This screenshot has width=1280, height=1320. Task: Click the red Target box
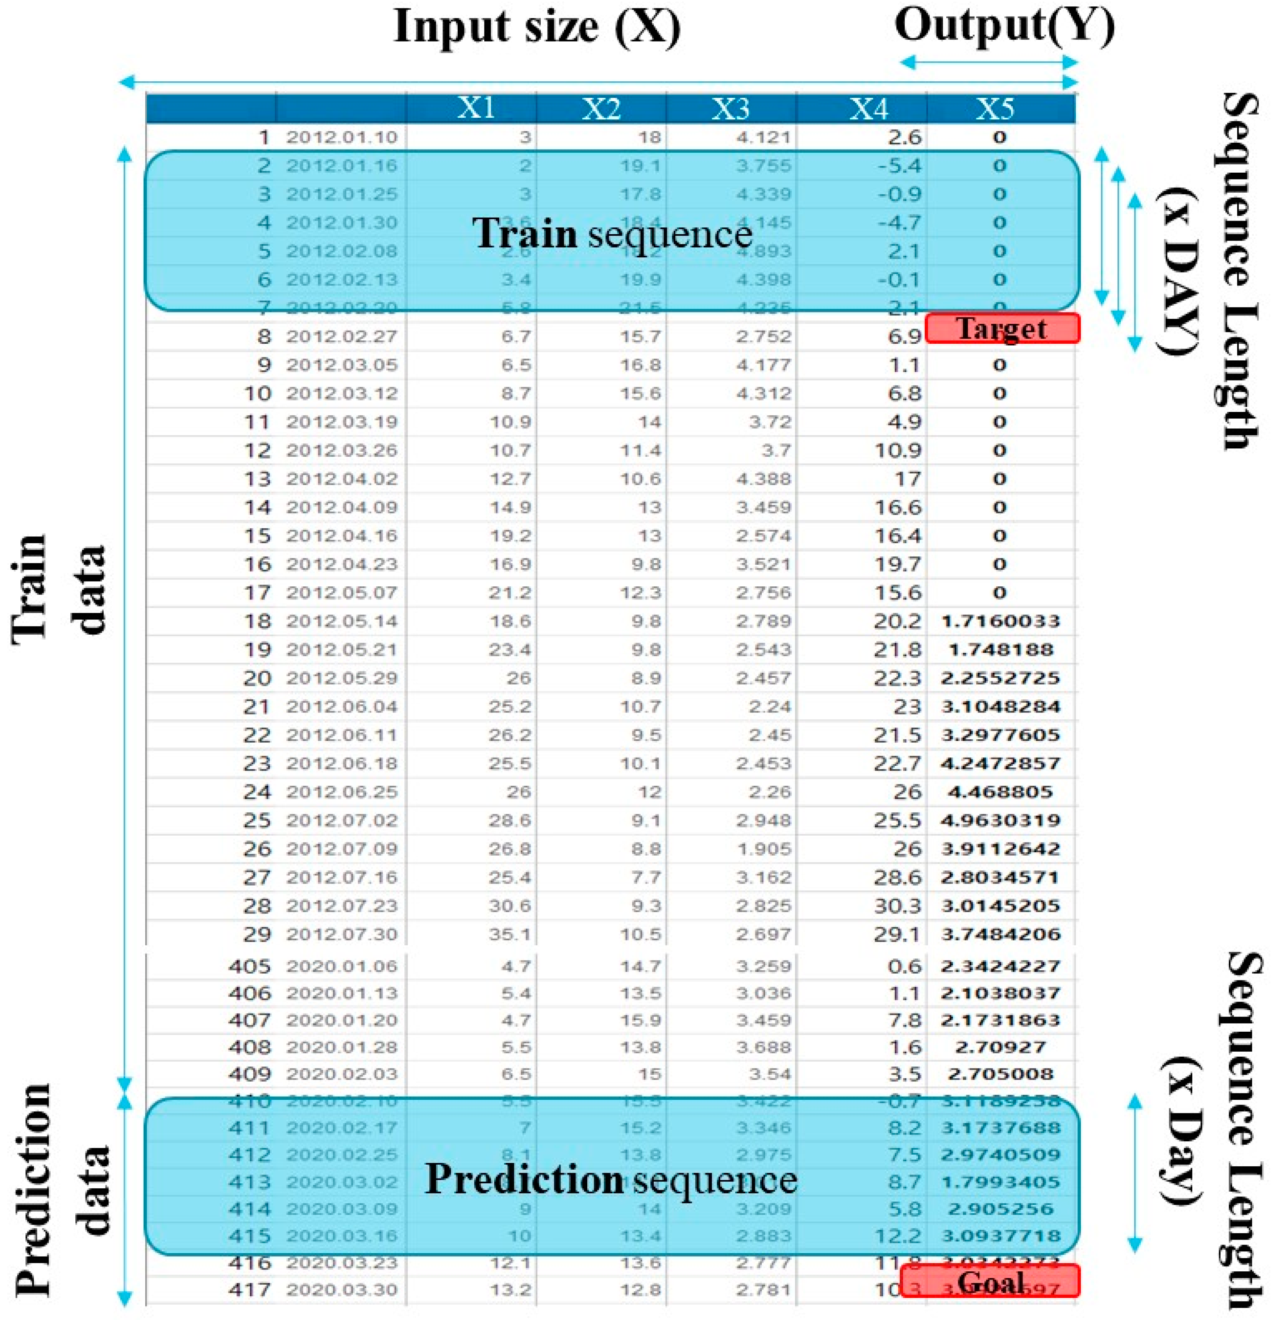coord(1002,329)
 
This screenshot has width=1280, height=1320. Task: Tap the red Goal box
coord(990,1281)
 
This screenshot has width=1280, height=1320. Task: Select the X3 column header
coord(730,108)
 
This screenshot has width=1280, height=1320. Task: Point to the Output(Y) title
coord(1004,27)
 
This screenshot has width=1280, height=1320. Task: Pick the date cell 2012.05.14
coord(342,621)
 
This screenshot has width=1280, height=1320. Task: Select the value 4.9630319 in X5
coord(1001,820)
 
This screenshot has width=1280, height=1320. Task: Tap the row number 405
coord(249,967)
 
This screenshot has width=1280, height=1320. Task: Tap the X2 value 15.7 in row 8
coord(641,337)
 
